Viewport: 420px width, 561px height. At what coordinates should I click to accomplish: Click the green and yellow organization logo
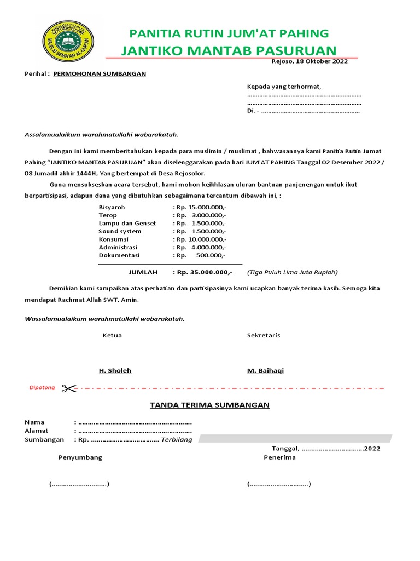point(68,43)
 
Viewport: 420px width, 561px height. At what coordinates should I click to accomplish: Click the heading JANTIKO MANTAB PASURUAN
point(229,51)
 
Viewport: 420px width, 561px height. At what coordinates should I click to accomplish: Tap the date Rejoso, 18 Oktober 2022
point(310,61)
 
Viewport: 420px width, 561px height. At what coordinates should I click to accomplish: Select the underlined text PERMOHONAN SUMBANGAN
point(100,73)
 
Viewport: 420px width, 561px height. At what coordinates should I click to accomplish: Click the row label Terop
point(108,215)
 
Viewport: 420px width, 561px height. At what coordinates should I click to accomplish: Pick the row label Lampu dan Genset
point(127,224)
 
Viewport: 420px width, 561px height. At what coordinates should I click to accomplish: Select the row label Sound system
point(120,231)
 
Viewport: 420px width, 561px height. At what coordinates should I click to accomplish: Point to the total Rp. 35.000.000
point(202,272)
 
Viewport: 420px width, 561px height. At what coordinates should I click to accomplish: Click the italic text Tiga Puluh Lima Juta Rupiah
point(292,272)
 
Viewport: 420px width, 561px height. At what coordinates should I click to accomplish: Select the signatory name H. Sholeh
point(115,371)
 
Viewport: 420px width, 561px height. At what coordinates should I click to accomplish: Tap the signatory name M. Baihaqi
point(265,371)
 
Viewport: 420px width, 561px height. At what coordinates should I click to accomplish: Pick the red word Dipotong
point(42,388)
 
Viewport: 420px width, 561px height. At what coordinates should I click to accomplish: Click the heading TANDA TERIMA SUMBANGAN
point(210,405)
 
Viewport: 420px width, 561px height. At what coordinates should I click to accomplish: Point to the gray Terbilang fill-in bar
point(295,438)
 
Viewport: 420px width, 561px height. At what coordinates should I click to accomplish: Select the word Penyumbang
point(80,457)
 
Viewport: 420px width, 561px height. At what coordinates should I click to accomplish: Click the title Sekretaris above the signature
point(264,335)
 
